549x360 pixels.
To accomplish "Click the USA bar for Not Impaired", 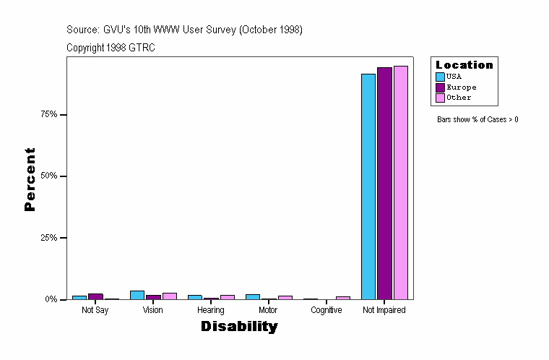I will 368,187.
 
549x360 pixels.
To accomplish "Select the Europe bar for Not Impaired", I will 384,184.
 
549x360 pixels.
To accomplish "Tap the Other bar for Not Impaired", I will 400,183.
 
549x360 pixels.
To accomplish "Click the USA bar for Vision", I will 137,295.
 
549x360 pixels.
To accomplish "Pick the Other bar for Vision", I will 169,296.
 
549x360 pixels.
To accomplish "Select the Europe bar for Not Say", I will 95,296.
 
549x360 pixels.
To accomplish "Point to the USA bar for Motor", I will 253,296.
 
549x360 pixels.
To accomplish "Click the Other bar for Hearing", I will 227,297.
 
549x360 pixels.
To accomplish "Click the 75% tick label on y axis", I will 49,115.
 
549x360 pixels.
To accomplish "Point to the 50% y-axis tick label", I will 49,176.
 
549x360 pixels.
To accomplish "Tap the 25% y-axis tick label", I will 49,238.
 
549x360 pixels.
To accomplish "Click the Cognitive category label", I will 327,310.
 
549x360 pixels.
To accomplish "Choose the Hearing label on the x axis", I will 210,310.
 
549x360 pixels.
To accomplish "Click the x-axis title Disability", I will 239,327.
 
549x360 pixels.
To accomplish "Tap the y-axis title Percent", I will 30,179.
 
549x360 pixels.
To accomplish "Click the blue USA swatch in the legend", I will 440,77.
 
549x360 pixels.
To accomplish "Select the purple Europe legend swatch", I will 440,87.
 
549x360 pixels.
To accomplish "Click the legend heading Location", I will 464,65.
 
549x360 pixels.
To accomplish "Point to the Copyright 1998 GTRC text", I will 111,48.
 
